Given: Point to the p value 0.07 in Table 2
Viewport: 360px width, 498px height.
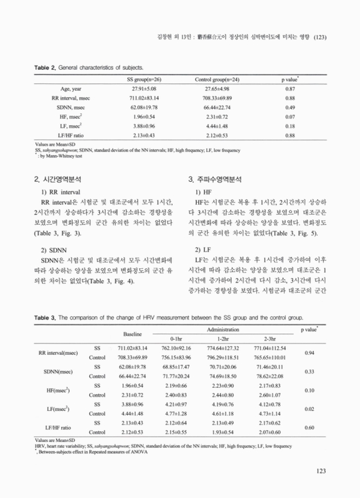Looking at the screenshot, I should click(x=290, y=116).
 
